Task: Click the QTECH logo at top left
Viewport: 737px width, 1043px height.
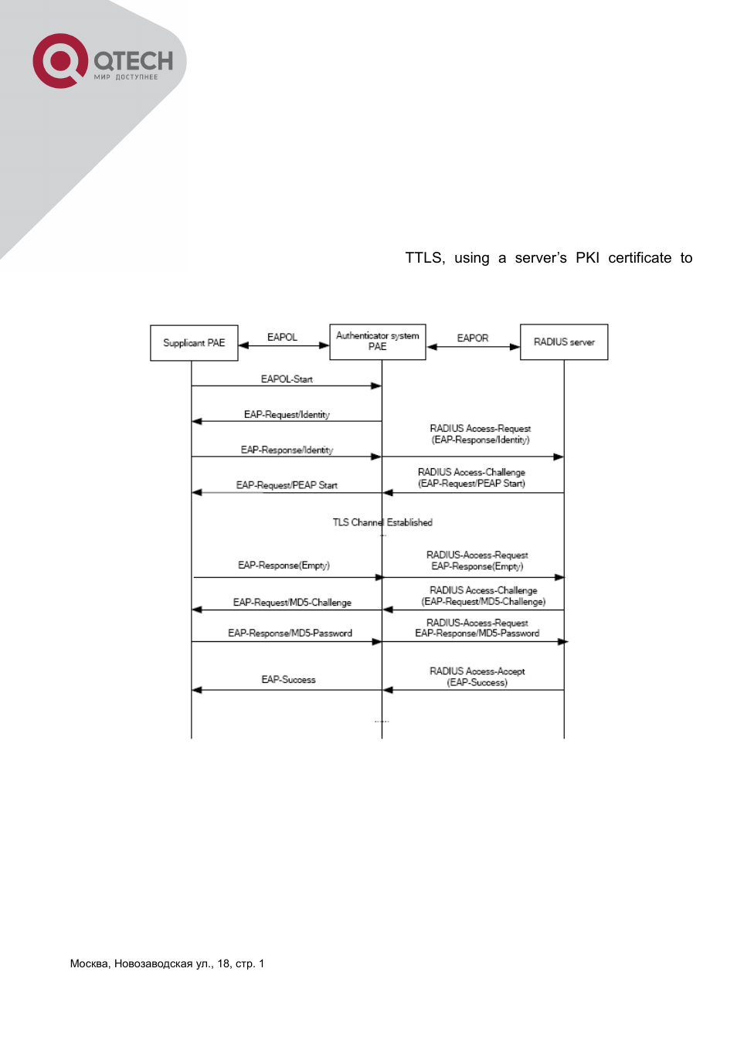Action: click(x=103, y=61)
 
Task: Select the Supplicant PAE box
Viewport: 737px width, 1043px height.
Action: click(x=194, y=343)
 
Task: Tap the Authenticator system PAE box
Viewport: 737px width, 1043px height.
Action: click(x=378, y=341)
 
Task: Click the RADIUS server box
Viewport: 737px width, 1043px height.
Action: click(x=564, y=342)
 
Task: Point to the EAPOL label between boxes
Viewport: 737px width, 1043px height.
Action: click(x=282, y=338)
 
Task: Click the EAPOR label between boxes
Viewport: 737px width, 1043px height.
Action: click(x=472, y=338)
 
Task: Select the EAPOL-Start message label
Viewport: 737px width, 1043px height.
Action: click(x=287, y=379)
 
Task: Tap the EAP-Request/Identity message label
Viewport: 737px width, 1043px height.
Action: click(x=287, y=415)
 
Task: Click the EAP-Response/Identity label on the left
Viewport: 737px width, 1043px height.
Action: click(x=287, y=450)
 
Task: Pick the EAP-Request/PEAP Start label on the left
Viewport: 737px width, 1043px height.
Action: click(x=287, y=485)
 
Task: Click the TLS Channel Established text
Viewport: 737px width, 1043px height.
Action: click(x=382, y=523)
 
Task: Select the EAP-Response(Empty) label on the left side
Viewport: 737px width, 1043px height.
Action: click(x=284, y=566)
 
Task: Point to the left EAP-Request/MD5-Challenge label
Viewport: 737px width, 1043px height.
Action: click(x=292, y=603)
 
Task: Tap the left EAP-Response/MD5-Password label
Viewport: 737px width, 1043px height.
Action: click(x=290, y=634)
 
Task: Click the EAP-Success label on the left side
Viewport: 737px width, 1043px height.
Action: click(x=288, y=680)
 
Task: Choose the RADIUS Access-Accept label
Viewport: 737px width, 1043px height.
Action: click(x=477, y=677)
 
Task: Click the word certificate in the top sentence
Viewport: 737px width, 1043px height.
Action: click(x=640, y=258)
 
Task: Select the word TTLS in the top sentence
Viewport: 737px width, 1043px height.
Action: click(x=424, y=258)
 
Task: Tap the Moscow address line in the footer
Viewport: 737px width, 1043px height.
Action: click(x=167, y=963)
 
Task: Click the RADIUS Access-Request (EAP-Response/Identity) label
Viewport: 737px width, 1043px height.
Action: click(x=481, y=434)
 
